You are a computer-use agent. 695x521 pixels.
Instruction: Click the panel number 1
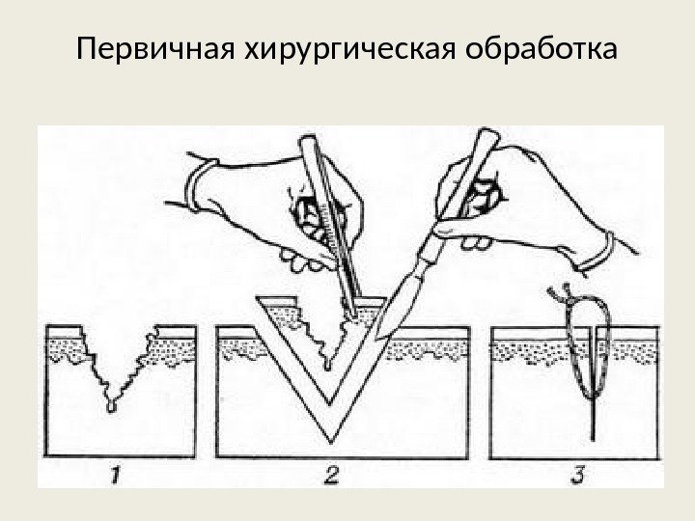pyautogui.click(x=114, y=475)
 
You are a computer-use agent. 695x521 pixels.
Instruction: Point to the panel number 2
pyautogui.click(x=331, y=475)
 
